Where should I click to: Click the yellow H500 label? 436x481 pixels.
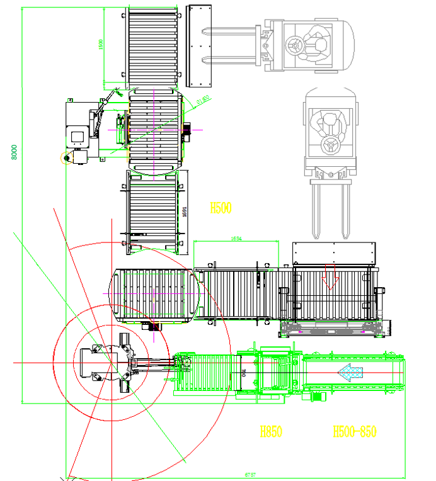[x=221, y=208]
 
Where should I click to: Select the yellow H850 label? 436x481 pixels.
[x=271, y=432]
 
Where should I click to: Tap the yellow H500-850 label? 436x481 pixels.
[x=354, y=432]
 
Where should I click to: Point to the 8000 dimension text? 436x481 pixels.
[x=14, y=152]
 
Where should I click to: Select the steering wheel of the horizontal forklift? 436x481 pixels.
[x=294, y=45]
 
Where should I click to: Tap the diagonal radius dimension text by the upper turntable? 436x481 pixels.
[x=203, y=101]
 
